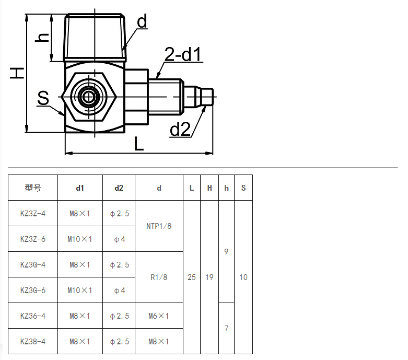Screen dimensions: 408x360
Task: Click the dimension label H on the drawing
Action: [17, 73]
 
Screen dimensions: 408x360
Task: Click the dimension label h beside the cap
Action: [42, 38]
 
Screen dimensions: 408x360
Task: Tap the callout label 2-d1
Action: [183, 54]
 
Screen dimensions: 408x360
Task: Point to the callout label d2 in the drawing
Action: [180, 129]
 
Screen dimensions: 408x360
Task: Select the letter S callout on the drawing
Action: [43, 98]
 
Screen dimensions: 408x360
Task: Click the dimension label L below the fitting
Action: [139, 144]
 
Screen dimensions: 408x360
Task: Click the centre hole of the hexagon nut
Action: [89, 97]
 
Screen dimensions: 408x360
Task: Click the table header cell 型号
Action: [33, 188]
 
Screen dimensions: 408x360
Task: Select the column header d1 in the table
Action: [80, 188]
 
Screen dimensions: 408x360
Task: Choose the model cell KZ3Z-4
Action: [33, 214]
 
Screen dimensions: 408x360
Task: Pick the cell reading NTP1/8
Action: [159, 226]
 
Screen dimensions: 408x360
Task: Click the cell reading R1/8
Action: [159, 277]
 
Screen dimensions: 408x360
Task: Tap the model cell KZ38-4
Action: [33, 342]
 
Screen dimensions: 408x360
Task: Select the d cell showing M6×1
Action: [159, 316]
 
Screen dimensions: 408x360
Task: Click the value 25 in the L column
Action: [192, 277]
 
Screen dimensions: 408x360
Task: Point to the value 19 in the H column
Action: [209, 277]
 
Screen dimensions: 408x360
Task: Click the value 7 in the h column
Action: [226, 329]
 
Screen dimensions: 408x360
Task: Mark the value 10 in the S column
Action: [243, 277]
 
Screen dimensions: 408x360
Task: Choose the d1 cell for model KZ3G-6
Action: [80, 290]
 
